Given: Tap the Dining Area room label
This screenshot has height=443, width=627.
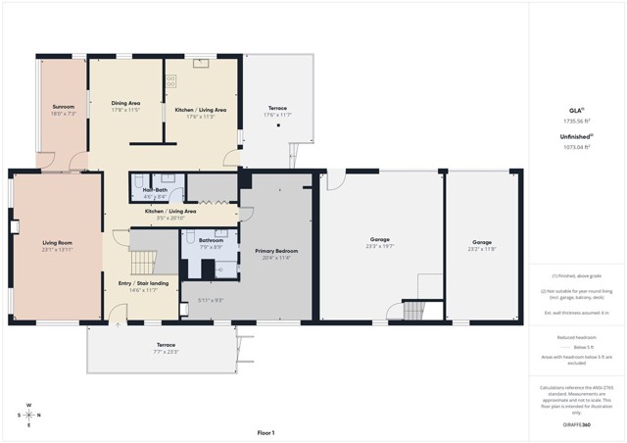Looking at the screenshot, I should (125, 102).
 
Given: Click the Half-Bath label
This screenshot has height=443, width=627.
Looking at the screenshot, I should (155, 189).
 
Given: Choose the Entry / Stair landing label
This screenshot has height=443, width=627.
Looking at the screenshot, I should (143, 283).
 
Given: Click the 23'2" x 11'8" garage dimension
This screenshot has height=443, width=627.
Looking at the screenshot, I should (482, 249).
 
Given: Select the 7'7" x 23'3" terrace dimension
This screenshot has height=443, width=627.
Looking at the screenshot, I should (166, 351).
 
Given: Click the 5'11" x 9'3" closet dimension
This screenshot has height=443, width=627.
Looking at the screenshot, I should (211, 300).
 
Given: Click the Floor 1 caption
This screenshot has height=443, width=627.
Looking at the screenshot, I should (265, 432).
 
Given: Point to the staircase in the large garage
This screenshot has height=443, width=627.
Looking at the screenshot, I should (414, 311).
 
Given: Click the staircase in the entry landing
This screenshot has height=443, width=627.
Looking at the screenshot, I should (144, 262).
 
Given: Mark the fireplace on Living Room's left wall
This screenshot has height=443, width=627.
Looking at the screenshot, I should (15, 226).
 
